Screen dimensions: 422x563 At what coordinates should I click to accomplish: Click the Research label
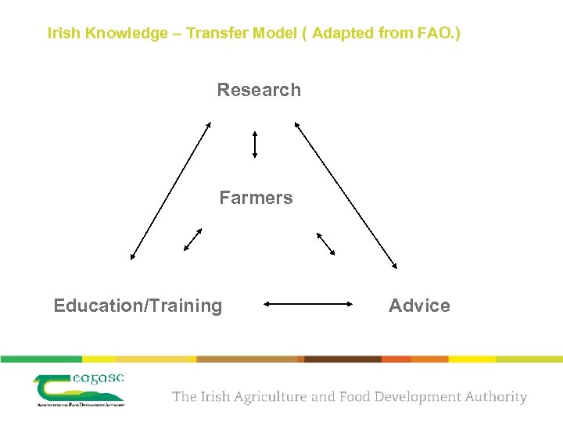click(x=259, y=90)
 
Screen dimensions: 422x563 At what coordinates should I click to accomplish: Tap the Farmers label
click(x=256, y=198)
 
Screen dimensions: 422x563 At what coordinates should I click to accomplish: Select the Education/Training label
click(x=138, y=306)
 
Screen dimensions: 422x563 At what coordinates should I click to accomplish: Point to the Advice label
click(x=419, y=306)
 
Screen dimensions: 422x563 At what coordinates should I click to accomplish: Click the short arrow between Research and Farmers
click(x=255, y=144)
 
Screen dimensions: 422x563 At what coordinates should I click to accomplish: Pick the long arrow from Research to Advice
click(x=346, y=195)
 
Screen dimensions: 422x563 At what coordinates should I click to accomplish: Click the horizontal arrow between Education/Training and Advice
click(x=309, y=304)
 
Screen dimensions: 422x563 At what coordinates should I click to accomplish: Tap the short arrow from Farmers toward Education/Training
click(x=192, y=239)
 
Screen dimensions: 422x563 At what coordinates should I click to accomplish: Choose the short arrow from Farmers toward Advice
click(x=325, y=244)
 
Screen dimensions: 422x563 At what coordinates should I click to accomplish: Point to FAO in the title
click(x=435, y=34)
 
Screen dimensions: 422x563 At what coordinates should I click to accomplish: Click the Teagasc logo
click(x=79, y=389)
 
